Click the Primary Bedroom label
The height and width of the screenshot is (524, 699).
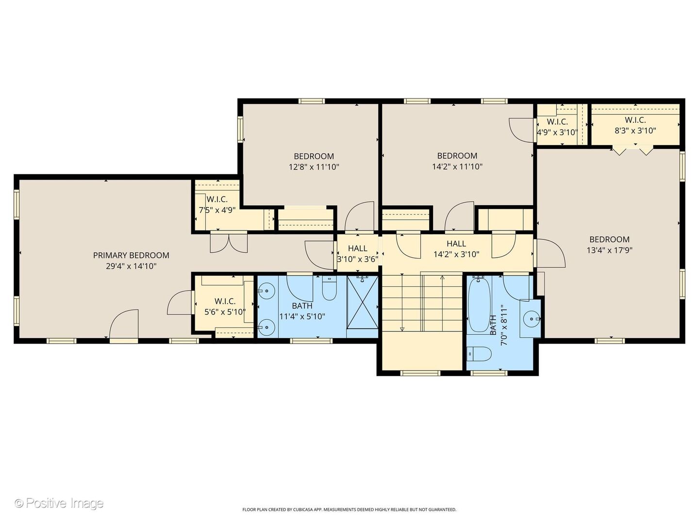[131, 255]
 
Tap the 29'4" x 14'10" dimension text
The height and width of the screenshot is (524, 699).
[131, 266]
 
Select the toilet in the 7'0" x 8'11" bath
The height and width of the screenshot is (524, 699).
[479, 354]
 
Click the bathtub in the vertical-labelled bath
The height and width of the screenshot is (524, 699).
[479, 305]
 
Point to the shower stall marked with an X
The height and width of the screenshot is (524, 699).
[363, 302]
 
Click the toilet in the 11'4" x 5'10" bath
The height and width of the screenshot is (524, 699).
[329, 288]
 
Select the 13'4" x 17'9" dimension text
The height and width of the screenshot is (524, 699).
[610, 250]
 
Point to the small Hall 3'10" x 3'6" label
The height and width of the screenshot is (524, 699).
[358, 254]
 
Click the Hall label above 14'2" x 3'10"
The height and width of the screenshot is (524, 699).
[456, 244]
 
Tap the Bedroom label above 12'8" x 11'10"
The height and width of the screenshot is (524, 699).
[314, 156]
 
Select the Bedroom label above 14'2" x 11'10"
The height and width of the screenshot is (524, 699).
[457, 156]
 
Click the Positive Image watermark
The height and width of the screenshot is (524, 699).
[59, 503]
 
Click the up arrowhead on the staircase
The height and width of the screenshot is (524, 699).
[442, 278]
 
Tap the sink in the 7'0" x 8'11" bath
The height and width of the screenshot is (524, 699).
[532, 318]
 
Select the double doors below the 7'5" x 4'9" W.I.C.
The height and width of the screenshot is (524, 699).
[229, 243]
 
